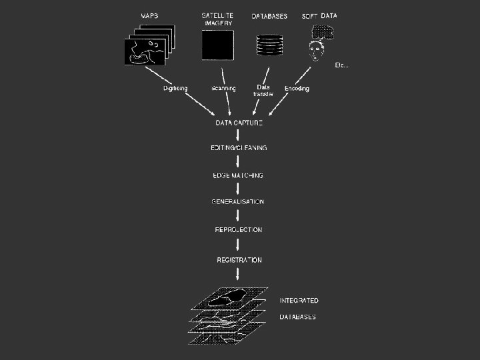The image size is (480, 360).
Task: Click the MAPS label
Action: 150,16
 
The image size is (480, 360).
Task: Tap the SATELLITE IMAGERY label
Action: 218,19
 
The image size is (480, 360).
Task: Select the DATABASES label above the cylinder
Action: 269,17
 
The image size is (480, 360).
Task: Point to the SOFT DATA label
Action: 319,16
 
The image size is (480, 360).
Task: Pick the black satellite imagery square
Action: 218,47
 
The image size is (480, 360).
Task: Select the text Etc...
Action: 341,65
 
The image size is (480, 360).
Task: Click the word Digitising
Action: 176,89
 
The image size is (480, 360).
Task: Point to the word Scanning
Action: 223,89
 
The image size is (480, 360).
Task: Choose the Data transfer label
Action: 263,91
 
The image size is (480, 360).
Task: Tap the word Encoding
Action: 297,89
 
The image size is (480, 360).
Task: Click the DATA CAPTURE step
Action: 239,123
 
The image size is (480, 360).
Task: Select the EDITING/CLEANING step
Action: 239,148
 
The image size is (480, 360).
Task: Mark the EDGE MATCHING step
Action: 237,175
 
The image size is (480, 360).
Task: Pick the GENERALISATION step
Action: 238,202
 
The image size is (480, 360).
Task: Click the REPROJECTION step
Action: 239,230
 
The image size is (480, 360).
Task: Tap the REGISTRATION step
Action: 239,260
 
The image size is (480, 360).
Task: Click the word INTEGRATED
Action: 299,301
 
